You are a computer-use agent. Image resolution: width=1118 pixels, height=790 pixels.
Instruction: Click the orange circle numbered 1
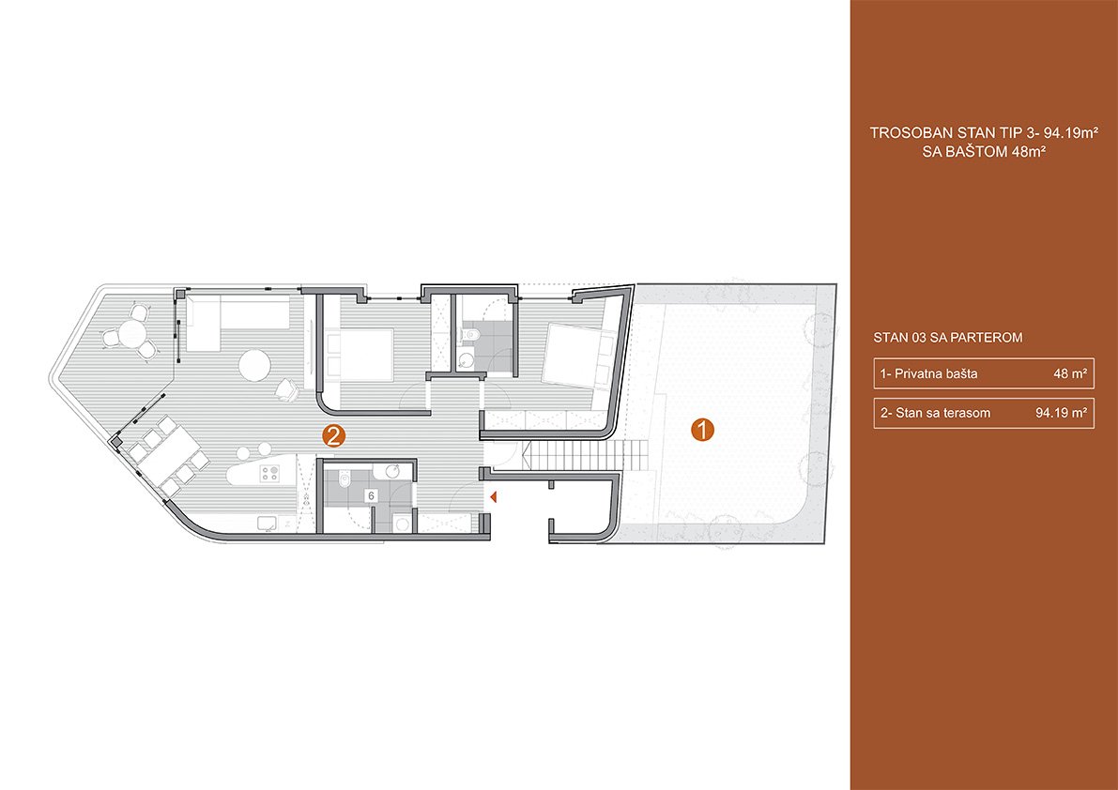tap(703, 430)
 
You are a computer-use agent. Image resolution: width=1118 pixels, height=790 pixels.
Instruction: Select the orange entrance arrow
tap(491, 495)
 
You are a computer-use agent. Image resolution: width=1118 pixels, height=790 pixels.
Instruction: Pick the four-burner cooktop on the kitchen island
tap(270, 474)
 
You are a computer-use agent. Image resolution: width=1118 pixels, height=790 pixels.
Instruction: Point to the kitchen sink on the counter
tap(268, 524)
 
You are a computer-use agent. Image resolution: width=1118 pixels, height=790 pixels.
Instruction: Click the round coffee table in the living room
tap(253, 365)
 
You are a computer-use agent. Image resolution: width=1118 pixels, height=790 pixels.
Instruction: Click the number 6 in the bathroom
tap(372, 495)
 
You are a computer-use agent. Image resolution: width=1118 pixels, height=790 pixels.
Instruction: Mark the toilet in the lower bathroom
tap(343, 484)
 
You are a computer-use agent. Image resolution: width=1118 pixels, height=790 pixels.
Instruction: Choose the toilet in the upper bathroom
tap(470, 333)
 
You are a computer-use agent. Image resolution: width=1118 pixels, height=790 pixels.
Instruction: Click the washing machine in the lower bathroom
tap(402, 524)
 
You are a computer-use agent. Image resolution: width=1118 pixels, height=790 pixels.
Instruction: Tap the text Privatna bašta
tap(936, 373)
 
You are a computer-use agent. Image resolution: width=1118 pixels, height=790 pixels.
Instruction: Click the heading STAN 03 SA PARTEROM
tap(947, 338)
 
